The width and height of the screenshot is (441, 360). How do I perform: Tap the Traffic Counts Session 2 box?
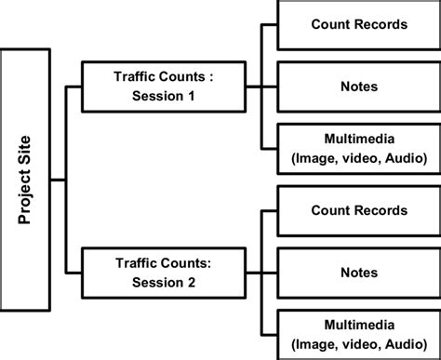coord(163,273)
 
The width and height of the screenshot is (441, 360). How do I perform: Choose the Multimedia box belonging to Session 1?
coord(358,149)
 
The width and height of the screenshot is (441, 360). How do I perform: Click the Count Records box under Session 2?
coord(358,211)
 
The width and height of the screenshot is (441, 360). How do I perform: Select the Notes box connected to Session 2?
coord(358,273)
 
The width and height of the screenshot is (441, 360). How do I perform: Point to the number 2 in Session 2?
coord(194,282)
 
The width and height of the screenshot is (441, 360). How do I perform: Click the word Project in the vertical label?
coord(25,193)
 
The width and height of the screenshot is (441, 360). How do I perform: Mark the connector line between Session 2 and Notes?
coord(261,273)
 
